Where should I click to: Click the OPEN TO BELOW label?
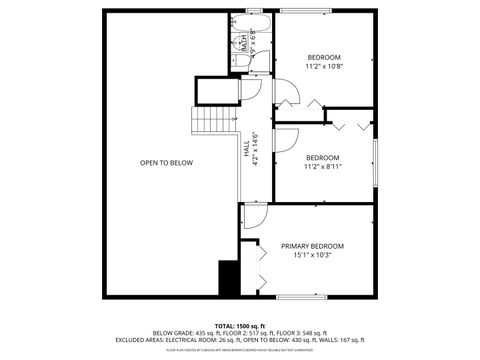pyautogui.click(x=166, y=163)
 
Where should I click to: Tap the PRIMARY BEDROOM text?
pyautogui.click(x=312, y=246)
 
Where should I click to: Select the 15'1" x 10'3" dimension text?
pyautogui.click(x=312, y=255)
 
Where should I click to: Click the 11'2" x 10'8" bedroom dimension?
pyautogui.click(x=324, y=66)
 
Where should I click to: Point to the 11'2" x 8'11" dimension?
pyautogui.click(x=322, y=166)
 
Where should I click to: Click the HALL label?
pyautogui.click(x=246, y=149)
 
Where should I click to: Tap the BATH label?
pyautogui.click(x=242, y=42)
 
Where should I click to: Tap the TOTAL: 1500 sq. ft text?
pyautogui.click(x=239, y=326)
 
